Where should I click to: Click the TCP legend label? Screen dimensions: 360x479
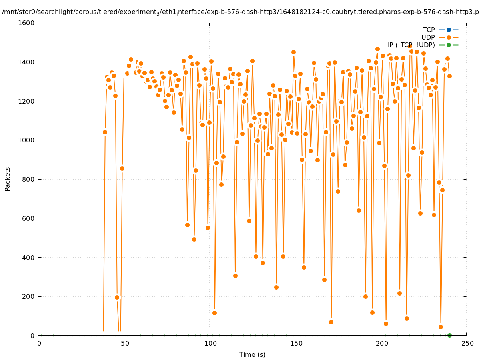point(429,30)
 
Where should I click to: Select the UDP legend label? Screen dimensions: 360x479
point(428,37)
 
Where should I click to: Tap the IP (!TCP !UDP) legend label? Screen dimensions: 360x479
point(411,45)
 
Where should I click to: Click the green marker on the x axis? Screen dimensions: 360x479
point(449,335)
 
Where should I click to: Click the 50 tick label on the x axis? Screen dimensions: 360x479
point(124,343)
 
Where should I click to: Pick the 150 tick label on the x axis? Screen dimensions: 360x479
point(296,343)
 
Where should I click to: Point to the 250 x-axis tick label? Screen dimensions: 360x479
point(467,343)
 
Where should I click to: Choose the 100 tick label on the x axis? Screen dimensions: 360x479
point(210,343)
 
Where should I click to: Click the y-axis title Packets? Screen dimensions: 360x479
point(8,179)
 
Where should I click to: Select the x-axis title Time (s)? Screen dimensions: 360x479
point(252,354)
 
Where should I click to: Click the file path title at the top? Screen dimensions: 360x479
point(240,12)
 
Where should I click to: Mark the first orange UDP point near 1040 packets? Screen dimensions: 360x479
point(105,132)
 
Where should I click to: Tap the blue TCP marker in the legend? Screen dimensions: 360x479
point(449,30)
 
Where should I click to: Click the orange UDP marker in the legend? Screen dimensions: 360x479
point(449,37)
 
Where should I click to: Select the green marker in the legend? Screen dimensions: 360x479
point(449,45)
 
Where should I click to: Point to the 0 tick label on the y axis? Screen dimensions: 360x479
point(32,336)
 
